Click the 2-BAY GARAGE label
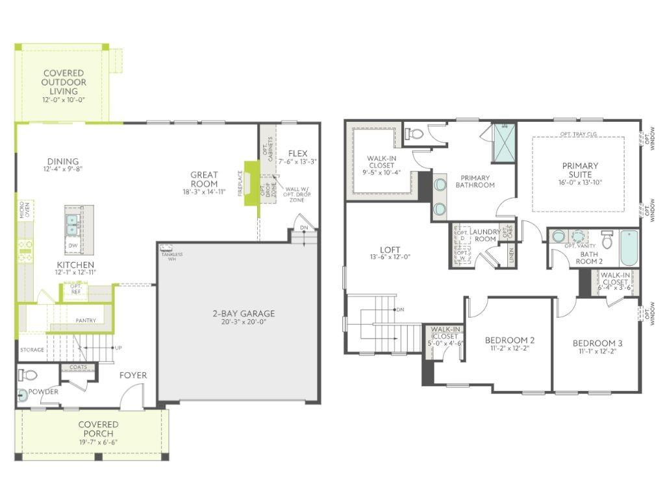(x=244, y=314)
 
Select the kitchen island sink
(x=71, y=224)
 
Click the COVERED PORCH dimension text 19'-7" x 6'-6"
(x=98, y=442)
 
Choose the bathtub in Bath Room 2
(x=629, y=248)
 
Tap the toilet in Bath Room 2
(x=607, y=240)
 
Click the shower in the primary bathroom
(x=503, y=143)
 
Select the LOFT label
(x=390, y=250)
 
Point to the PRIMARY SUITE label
(x=580, y=170)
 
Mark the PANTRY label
(x=86, y=320)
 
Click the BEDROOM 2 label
(x=510, y=340)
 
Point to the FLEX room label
(x=297, y=154)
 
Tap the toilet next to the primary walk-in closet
(x=414, y=134)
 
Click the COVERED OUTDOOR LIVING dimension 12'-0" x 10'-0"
(x=64, y=100)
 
